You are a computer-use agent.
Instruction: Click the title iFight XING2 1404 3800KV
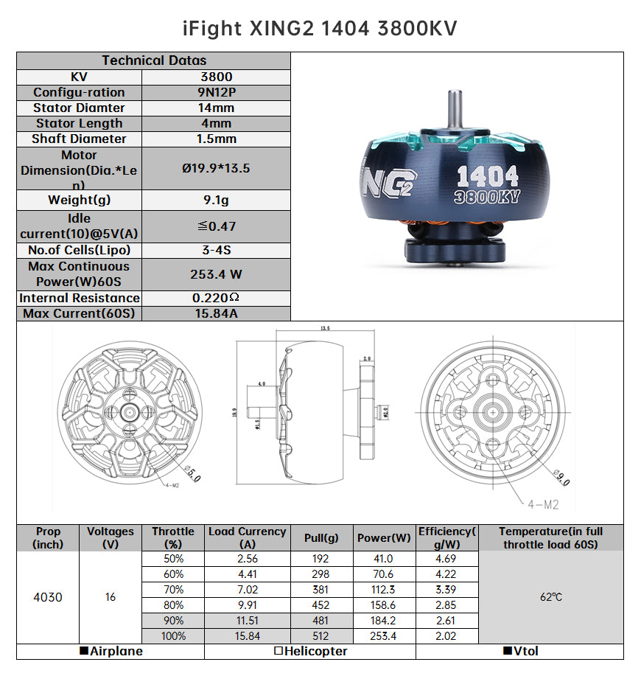coord(320,28)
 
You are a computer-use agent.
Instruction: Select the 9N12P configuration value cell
coord(216,92)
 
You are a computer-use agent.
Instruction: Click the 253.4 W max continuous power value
coord(216,274)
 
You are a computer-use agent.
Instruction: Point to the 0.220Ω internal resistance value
coord(216,298)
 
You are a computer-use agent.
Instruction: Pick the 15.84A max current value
coord(216,314)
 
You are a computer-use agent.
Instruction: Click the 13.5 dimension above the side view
coord(325,329)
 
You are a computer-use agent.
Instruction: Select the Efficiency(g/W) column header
coord(447,538)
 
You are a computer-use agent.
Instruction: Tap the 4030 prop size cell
coord(48,597)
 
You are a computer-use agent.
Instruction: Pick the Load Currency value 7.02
coord(247,590)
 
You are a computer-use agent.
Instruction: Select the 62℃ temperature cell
coord(550,597)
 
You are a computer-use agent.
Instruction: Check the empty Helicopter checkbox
coord(279,652)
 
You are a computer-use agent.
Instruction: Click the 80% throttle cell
coord(173,605)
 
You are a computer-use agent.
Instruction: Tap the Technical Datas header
coord(154,60)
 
